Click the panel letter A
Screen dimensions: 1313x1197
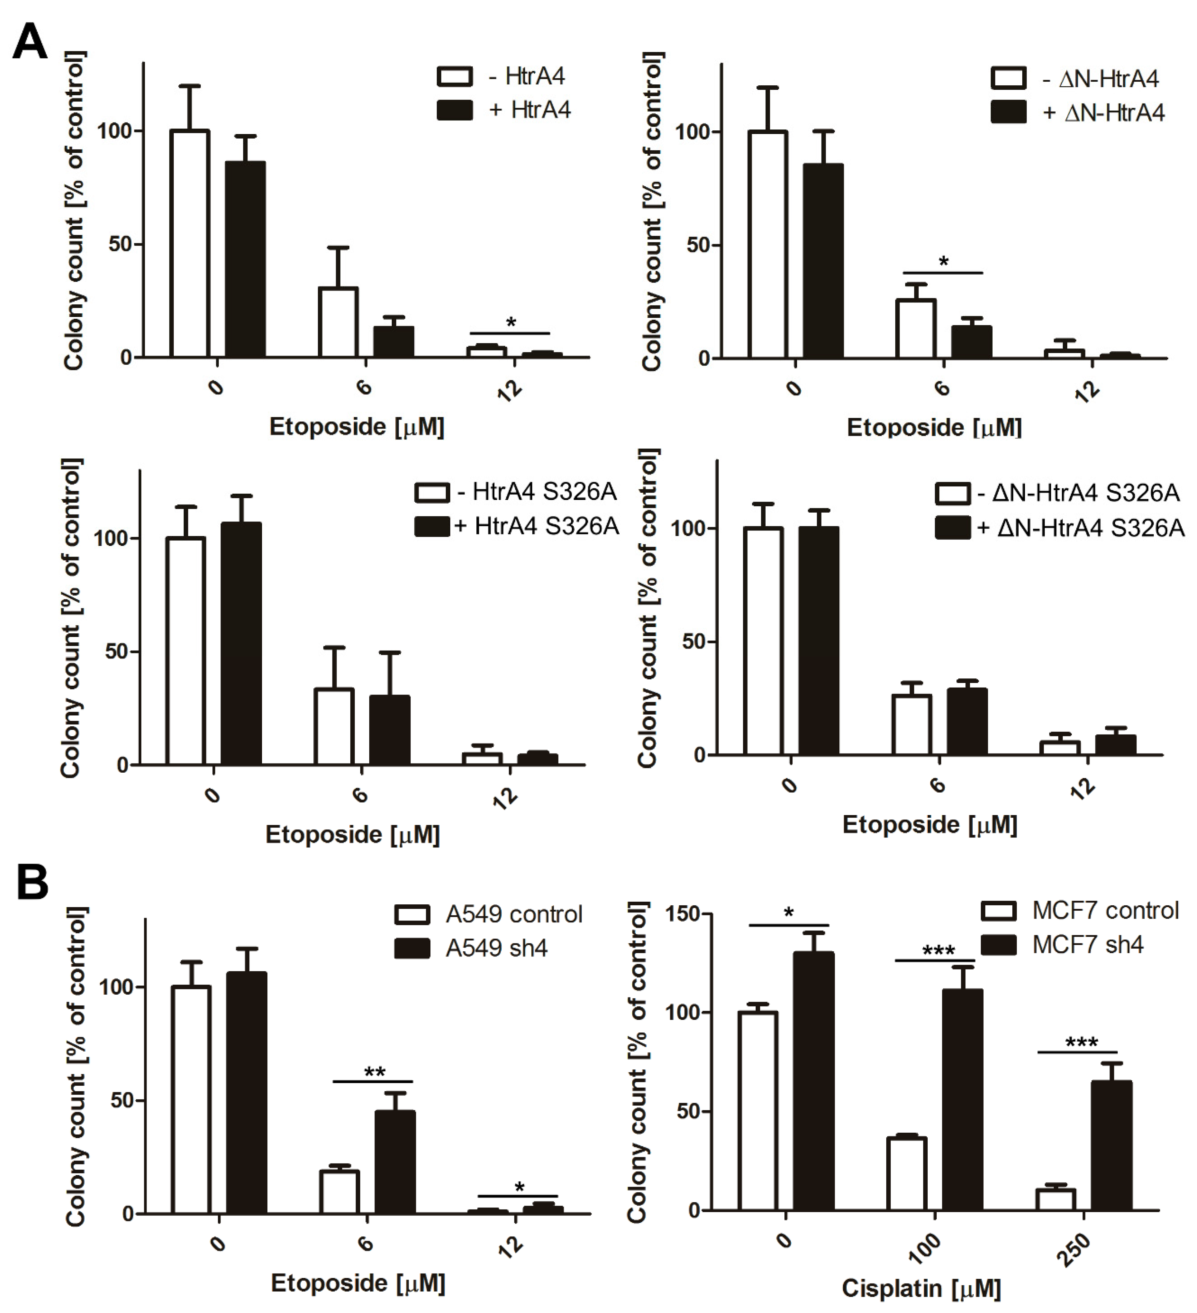pos(30,42)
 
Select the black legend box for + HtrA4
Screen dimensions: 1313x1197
pos(455,110)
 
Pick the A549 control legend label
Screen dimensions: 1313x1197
pos(513,914)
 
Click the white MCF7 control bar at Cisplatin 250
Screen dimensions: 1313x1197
pos(1055,1200)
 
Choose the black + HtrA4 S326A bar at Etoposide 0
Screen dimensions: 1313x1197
pos(241,644)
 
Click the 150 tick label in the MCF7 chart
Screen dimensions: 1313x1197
pos(681,914)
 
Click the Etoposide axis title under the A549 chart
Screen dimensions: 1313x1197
pos(358,1283)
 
